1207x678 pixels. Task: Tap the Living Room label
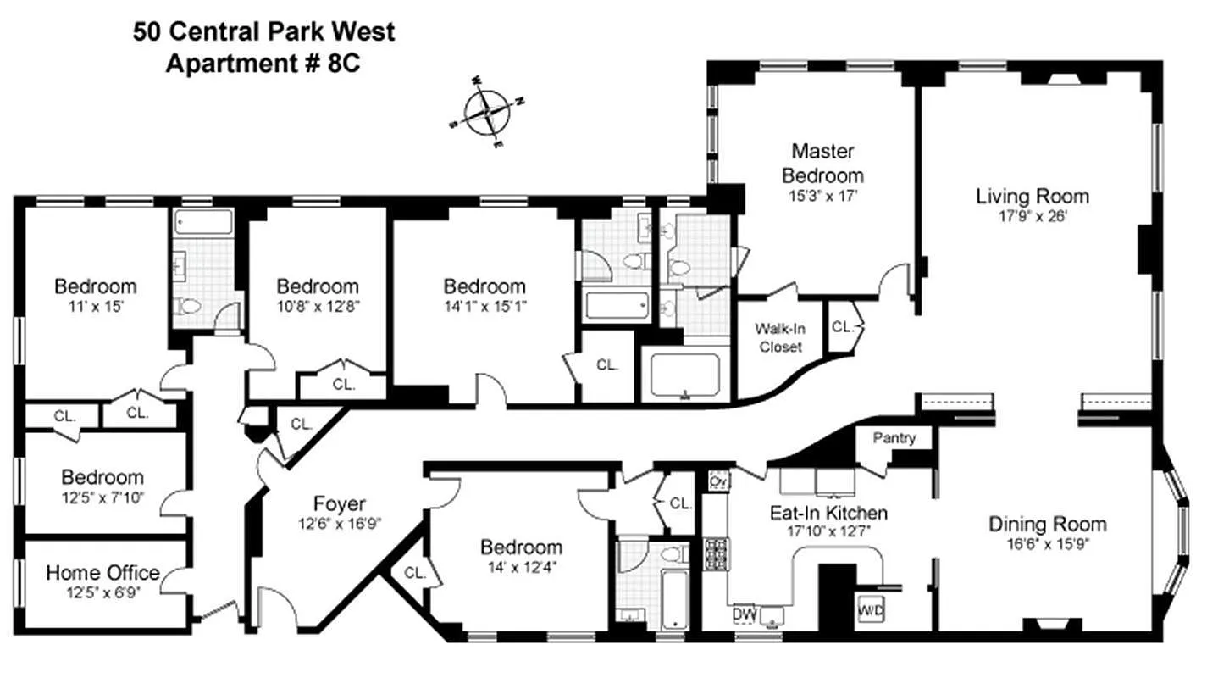1032,197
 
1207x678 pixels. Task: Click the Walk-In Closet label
779,338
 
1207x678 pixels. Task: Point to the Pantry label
895,438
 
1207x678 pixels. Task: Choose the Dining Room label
1047,524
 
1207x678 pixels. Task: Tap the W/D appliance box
869,609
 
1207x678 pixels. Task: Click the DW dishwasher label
743,613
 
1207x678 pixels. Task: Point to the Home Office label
102,573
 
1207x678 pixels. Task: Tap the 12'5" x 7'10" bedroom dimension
102,496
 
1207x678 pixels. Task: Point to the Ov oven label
717,481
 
